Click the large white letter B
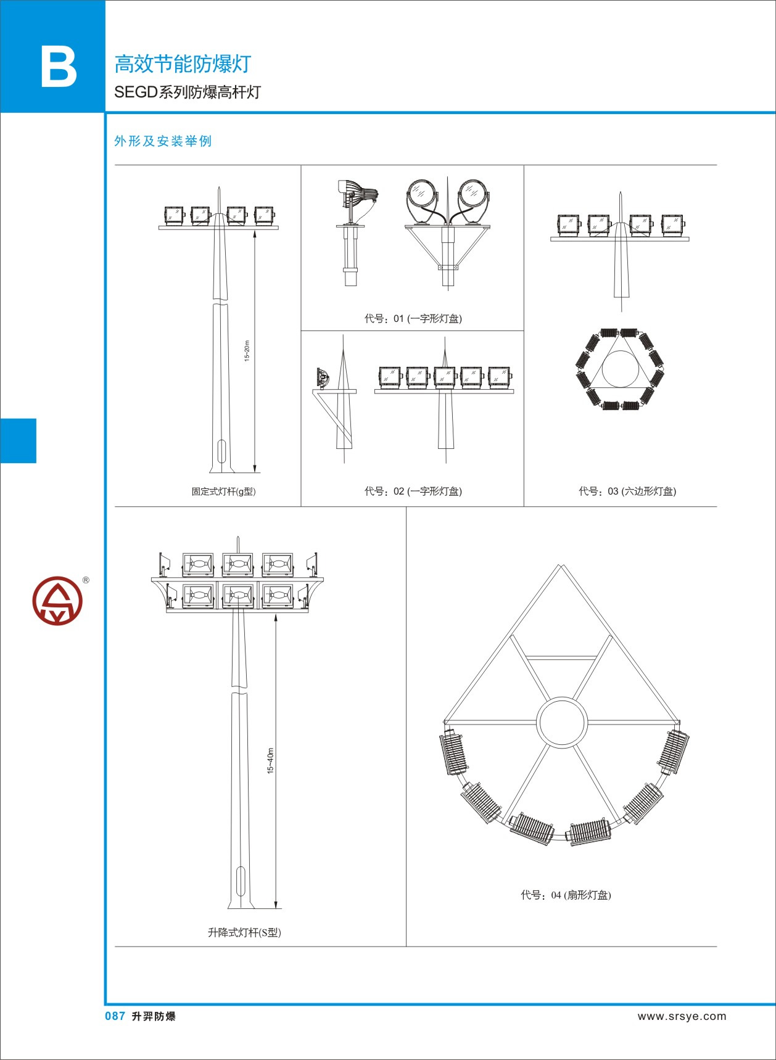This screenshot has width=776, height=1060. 59,67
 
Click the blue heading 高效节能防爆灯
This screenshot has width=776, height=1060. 183,64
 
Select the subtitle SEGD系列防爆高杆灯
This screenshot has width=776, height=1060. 188,92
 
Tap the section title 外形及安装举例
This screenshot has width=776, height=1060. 163,141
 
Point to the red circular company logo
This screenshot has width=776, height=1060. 57,601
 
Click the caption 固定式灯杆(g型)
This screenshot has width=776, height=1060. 223,491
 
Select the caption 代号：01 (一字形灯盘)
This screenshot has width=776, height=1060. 413,318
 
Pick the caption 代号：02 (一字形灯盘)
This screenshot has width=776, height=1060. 413,491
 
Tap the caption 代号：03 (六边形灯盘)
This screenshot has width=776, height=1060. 627,491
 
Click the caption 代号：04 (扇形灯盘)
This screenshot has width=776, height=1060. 566,895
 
